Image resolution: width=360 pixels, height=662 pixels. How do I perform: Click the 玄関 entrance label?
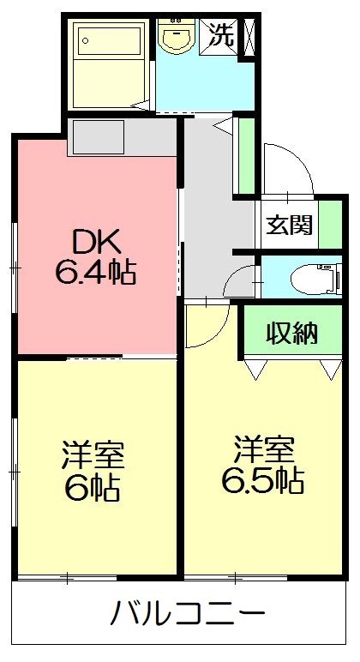(x=289, y=226)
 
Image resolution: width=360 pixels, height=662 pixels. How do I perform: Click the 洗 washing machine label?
(x=221, y=35)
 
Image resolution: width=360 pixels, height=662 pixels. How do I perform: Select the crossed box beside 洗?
(x=249, y=36)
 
